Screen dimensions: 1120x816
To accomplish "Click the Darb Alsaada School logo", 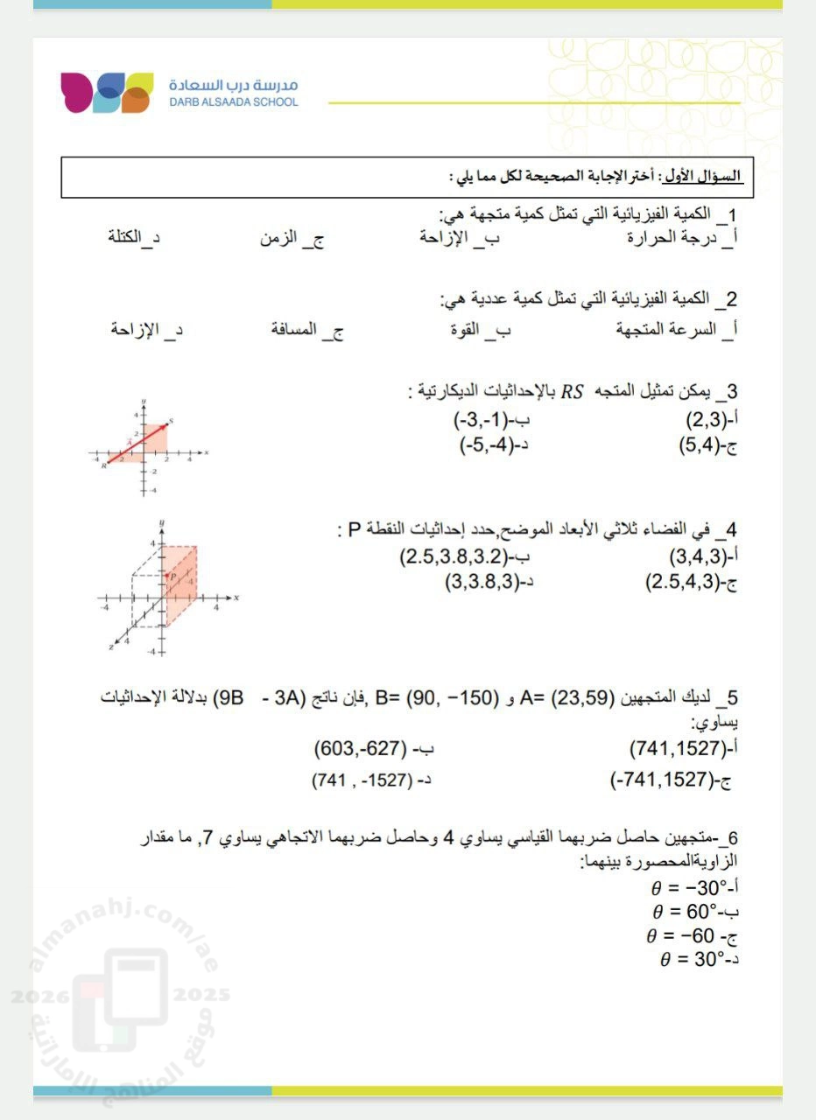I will (107, 93).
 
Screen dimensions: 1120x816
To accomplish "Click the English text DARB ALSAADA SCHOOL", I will (234, 101).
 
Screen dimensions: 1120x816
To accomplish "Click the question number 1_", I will (727, 215).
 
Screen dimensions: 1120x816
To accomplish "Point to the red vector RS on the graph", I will (136, 443).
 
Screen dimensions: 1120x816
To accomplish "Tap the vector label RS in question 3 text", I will (572, 391).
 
